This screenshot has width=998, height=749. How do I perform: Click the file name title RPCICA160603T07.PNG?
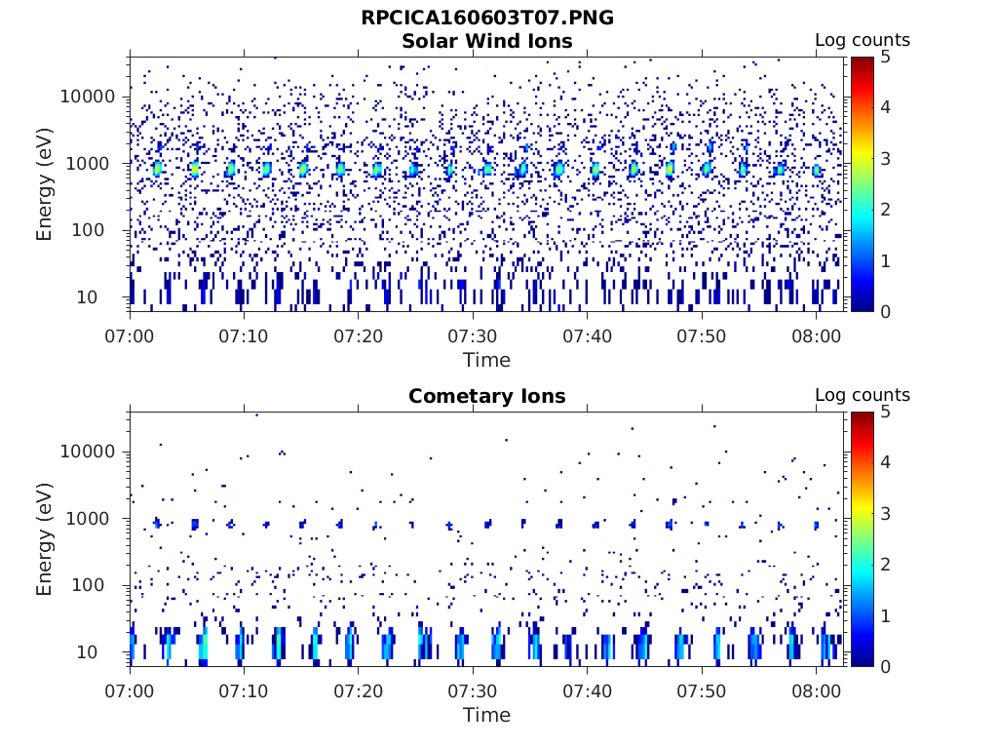pyautogui.click(x=486, y=18)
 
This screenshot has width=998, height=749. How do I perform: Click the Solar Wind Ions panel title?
pyautogui.click(x=486, y=41)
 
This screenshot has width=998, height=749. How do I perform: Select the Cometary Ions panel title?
pyautogui.click(x=486, y=396)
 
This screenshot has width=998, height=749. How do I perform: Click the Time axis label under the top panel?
pyautogui.click(x=486, y=360)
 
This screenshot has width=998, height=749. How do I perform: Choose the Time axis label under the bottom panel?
pyautogui.click(x=486, y=715)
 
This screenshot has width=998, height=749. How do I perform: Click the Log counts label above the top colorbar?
pyautogui.click(x=862, y=40)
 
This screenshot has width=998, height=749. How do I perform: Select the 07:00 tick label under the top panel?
pyautogui.click(x=131, y=335)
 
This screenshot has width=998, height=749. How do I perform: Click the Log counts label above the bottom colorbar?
pyautogui.click(x=862, y=395)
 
